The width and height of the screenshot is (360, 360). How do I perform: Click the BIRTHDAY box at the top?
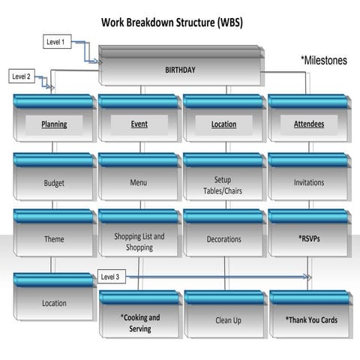click(x=180, y=69)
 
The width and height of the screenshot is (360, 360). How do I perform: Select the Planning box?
click(x=54, y=124)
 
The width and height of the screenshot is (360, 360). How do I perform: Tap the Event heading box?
click(x=139, y=124)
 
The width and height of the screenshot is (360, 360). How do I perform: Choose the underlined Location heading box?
click(x=223, y=124)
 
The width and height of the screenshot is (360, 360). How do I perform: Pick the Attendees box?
click(x=308, y=124)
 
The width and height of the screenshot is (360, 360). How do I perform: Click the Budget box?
click(x=54, y=182)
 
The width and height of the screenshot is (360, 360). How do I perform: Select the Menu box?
click(x=139, y=182)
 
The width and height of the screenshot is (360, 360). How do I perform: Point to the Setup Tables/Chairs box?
click(x=223, y=185)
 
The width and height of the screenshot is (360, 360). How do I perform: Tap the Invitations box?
click(x=308, y=182)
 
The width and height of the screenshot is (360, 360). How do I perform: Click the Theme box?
click(x=54, y=239)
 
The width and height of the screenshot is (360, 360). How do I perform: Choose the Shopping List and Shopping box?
click(x=139, y=241)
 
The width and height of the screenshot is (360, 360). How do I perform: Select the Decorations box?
click(x=223, y=239)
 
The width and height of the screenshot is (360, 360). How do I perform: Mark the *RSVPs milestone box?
click(x=308, y=239)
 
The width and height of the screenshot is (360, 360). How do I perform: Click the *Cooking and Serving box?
click(x=139, y=322)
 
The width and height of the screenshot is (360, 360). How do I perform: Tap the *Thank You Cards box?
click(x=310, y=319)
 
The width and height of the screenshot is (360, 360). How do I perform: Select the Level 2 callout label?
click(x=22, y=76)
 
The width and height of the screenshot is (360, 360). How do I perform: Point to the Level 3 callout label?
click(x=109, y=277)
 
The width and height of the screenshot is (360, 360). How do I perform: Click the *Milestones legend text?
click(x=323, y=60)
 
